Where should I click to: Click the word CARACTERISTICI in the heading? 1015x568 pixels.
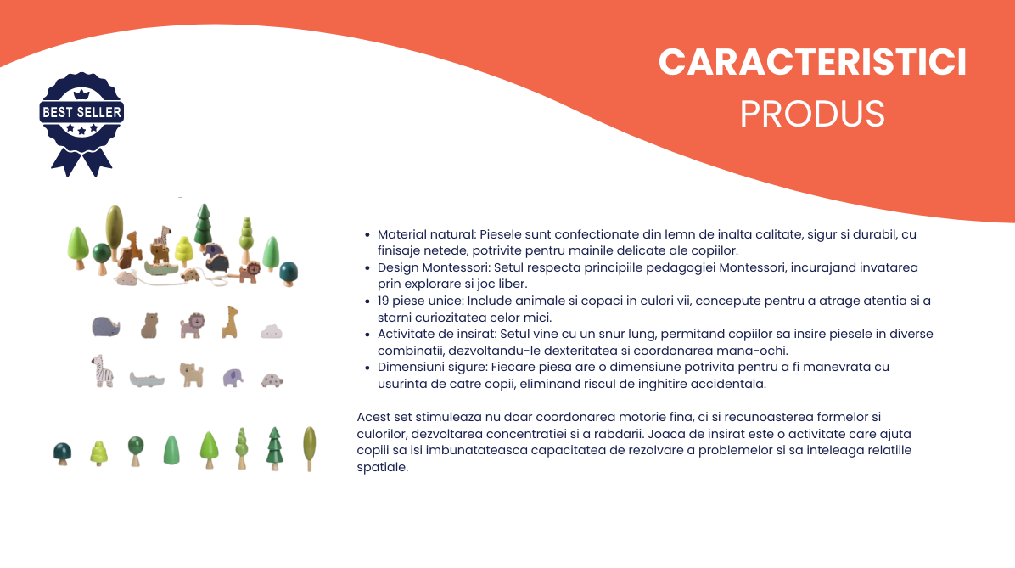pos(812,63)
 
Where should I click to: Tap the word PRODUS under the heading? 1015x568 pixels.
pos(812,114)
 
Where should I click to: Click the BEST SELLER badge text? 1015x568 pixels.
pos(81,112)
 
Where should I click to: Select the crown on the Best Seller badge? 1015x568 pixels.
pos(81,94)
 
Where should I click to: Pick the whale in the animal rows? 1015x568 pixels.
pos(106,326)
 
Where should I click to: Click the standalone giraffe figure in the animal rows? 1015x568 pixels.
pos(231,322)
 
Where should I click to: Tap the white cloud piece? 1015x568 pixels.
pos(272,332)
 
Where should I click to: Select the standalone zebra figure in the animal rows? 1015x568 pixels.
pos(103,371)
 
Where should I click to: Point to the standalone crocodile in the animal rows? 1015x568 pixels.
pos(147,380)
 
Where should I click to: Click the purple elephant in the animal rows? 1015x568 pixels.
pos(233,378)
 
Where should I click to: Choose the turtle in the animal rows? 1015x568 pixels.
pos(272,380)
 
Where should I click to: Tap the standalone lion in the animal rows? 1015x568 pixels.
pos(193,325)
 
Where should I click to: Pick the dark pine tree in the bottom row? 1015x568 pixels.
pos(274,448)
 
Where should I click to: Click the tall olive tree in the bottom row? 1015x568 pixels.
pos(310,448)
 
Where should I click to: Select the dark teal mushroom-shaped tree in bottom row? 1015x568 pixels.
pos(62,453)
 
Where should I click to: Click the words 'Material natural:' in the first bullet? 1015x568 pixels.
pos(427,234)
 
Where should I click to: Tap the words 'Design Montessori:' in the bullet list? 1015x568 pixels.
pos(435,267)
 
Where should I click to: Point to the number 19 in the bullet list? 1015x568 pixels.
pos(384,301)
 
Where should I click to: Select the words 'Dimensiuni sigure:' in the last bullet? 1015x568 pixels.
pos(433,368)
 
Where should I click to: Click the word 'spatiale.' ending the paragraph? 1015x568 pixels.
pos(383,468)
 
